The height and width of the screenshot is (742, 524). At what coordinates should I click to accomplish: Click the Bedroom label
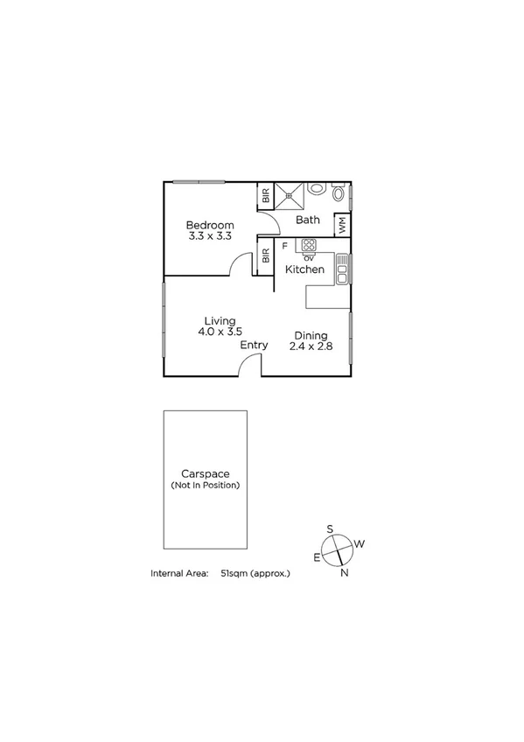click(211, 225)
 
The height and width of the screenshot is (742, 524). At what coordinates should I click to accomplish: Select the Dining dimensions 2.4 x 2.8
click(311, 346)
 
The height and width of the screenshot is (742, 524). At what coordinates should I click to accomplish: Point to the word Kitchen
click(305, 269)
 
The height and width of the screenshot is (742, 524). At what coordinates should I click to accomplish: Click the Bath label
click(308, 220)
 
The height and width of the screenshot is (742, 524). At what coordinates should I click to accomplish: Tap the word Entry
click(254, 345)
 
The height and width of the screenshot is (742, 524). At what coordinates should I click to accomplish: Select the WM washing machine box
click(342, 225)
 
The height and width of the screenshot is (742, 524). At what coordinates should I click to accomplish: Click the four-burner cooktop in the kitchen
click(309, 245)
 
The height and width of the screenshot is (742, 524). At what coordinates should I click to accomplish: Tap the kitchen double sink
click(343, 269)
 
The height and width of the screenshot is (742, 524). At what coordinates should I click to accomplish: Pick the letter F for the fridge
click(284, 247)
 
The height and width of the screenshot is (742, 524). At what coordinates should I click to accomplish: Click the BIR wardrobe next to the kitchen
click(264, 258)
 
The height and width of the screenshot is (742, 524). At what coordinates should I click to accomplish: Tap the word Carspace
click(205, 473)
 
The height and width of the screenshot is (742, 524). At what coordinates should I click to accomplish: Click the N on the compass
click(345, 574)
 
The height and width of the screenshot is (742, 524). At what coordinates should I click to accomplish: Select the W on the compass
click(360, 543)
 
